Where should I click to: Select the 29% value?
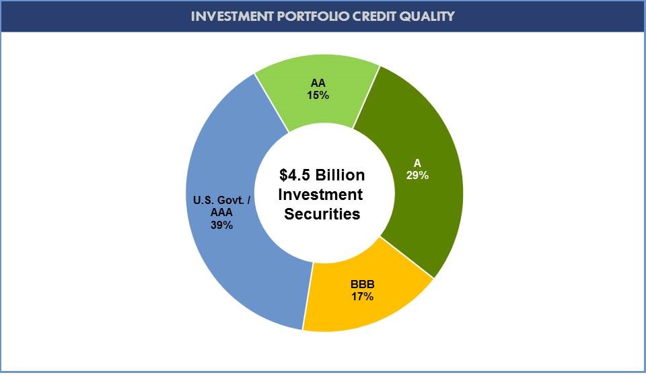(x=417, y=175)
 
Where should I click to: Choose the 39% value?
(x=221, y=225)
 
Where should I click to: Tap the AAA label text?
(x=221, y=212)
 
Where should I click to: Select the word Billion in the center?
(x=340, y=175)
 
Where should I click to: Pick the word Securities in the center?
(x=322, y=214)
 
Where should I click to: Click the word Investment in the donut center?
(x=322, y=195)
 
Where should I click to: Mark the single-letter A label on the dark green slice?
(x=417, y=163)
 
